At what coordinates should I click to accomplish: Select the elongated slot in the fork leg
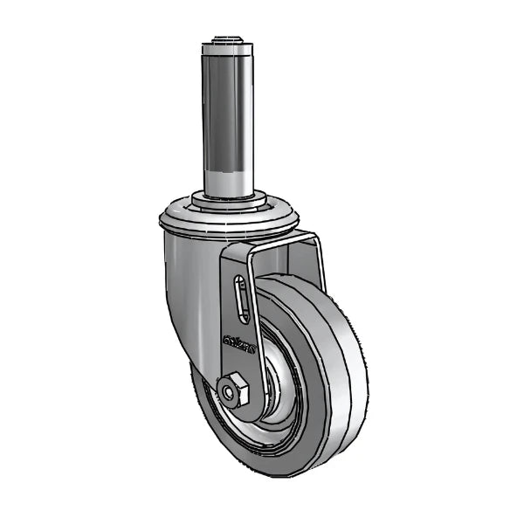(240, 302)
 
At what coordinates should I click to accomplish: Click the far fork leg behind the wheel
(316, 262)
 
